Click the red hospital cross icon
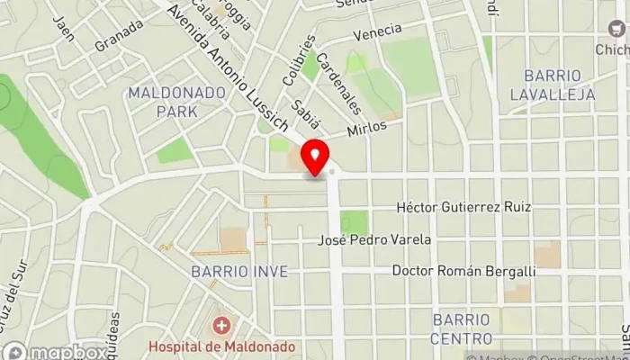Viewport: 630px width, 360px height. [x=219, y=324]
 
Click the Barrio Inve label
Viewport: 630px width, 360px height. [x=239, y=271]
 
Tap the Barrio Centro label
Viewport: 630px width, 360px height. [x=462, y=328]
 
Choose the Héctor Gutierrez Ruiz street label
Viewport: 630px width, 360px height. [x=464, y=207]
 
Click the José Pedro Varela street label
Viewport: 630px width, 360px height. [x=375, y=239]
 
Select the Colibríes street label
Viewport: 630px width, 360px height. [x=300, y=59]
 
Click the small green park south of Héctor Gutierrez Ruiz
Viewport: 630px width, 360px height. [x=355, y=222]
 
